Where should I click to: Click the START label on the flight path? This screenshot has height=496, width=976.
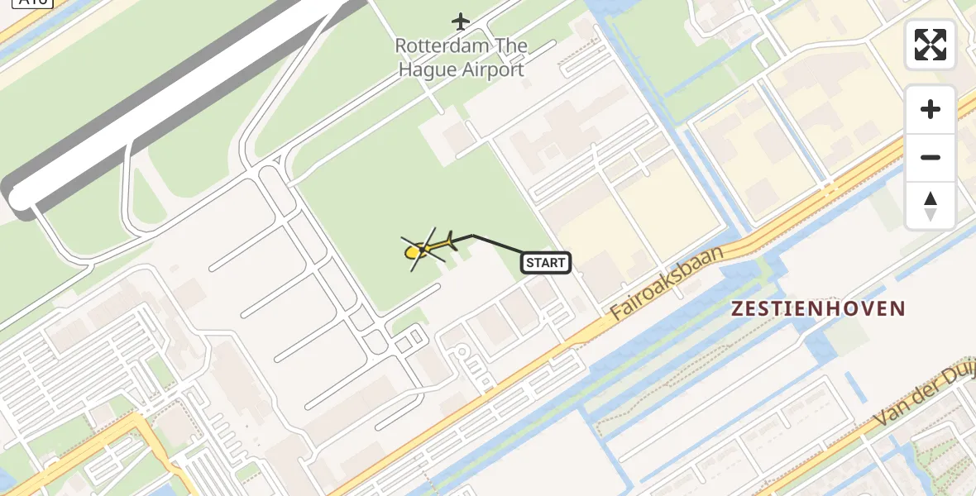546,263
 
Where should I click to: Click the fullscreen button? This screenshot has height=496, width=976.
931,45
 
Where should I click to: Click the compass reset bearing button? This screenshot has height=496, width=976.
931,205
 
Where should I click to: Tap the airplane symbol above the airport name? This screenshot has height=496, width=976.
461,21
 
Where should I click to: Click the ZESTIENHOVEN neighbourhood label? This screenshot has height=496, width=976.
818,309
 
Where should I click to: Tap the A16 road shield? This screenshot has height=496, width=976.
33,2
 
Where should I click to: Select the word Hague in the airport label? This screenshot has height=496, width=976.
427,69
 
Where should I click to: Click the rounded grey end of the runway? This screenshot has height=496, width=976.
18,198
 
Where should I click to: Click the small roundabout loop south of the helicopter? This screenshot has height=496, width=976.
462,353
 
